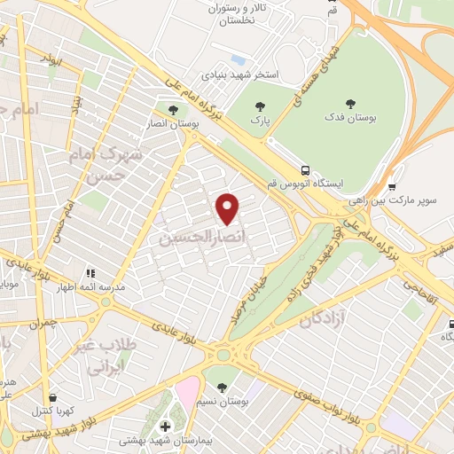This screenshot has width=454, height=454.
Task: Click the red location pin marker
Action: [228, 207]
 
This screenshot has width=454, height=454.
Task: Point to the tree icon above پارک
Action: [260, 103]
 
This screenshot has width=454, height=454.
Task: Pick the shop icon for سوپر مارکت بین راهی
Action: [391, 186]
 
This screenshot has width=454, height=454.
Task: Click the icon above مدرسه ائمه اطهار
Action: [90, 273]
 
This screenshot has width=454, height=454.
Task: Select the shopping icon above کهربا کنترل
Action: [55, 397]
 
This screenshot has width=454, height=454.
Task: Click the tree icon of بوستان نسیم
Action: [222, 387]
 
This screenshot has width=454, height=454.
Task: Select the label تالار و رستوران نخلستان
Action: [237, 13]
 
